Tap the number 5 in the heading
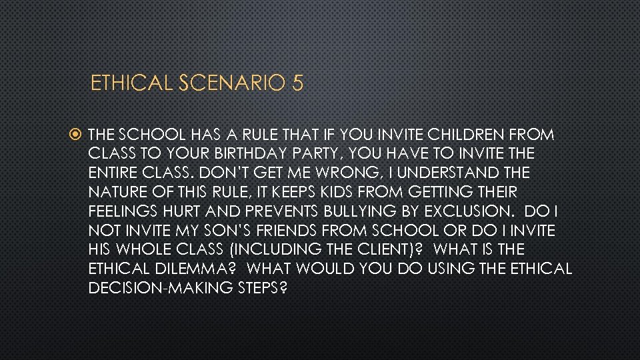coord(297,83)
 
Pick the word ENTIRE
coord(112,173)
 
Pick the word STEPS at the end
coord(256,289)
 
